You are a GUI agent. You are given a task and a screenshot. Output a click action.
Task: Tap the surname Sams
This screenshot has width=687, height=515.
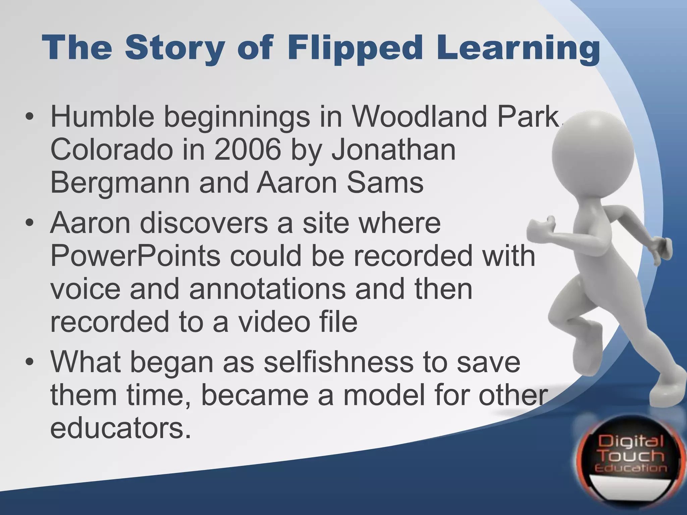tap(385, 183)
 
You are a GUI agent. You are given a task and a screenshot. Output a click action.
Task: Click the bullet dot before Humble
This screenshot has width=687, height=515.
tap(30, 117)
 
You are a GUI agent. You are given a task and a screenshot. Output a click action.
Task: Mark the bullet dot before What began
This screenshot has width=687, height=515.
tap(30, 363)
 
